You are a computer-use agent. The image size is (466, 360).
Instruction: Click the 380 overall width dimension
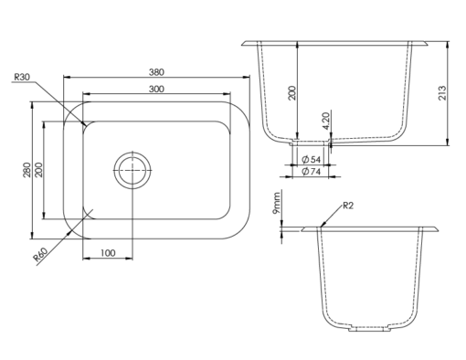(156, 72)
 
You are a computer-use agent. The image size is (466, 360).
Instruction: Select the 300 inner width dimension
(156, 89)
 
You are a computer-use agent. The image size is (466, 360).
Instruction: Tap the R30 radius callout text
(22, 77)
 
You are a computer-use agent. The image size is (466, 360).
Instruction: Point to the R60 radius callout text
(40, 255)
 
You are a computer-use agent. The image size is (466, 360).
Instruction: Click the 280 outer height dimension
(26, 170)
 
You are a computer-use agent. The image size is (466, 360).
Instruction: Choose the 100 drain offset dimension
(108, 253)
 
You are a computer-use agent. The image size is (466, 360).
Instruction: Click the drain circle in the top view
(132, 170)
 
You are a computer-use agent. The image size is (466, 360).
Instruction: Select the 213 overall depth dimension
(442, 93)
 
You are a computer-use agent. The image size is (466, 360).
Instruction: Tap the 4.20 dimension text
(326, 122)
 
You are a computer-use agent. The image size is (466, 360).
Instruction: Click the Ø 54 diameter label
(311, 159)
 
